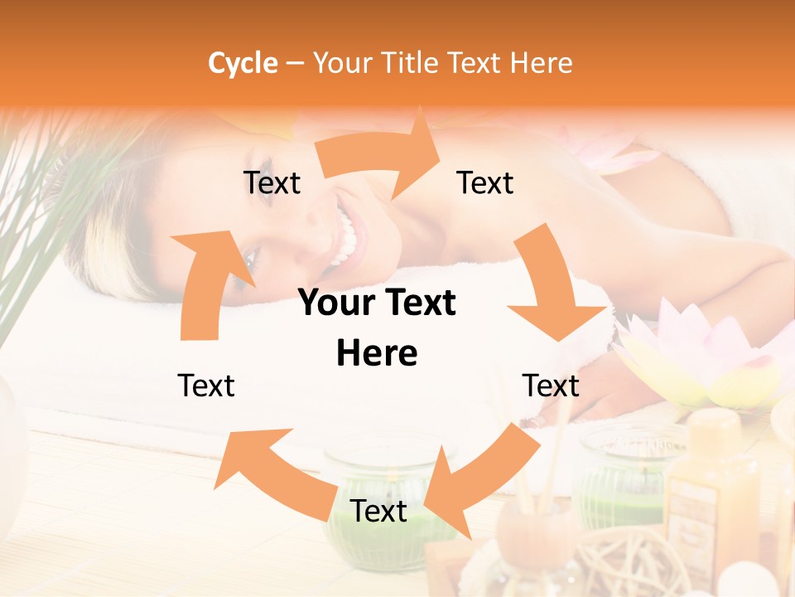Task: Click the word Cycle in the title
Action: coord(243,63)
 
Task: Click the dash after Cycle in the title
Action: coord(295,63)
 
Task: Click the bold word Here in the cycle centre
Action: coord(377,354)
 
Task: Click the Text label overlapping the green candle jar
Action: coord(378,512)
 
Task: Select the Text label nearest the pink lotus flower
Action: coord(551,386)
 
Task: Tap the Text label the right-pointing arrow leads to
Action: coord(485,182)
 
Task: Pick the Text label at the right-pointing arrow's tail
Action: coord(272,182)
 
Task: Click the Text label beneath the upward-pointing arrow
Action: coord(206,386)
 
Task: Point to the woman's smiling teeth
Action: coord(347,240)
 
